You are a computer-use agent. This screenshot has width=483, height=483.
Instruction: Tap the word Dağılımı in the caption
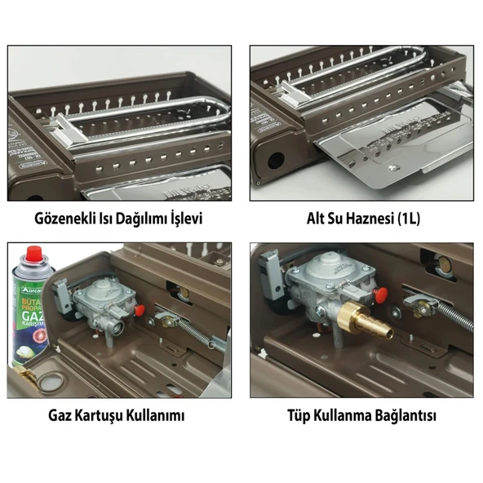[144, 219]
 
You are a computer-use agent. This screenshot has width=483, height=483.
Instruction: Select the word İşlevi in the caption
[184, 219]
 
